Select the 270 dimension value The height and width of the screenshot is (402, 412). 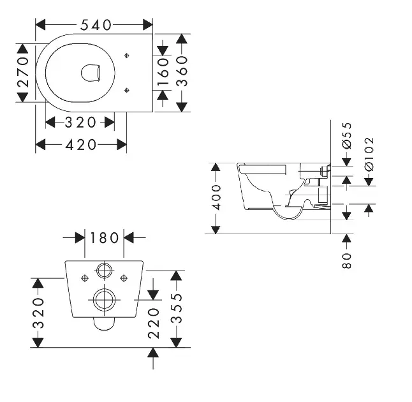coord(24,72)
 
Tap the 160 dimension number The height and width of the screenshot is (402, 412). coord(163,73)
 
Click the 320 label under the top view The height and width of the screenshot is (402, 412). coord(80,121)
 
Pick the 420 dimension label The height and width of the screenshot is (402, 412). coord(81,145)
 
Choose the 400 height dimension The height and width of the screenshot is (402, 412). coord(216,197)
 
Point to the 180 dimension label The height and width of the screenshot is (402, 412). coord(105,238)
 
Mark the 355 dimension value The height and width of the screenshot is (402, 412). coord(178,308)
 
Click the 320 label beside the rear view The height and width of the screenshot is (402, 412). coord(39,312)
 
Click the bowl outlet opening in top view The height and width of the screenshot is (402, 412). coord(92,73)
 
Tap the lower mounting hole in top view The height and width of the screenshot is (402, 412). coord(128,89)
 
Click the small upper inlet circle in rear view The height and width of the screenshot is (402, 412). coord(104,270)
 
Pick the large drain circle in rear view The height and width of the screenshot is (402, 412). coord(104,299)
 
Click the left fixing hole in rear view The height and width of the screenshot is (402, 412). coord(85,278)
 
